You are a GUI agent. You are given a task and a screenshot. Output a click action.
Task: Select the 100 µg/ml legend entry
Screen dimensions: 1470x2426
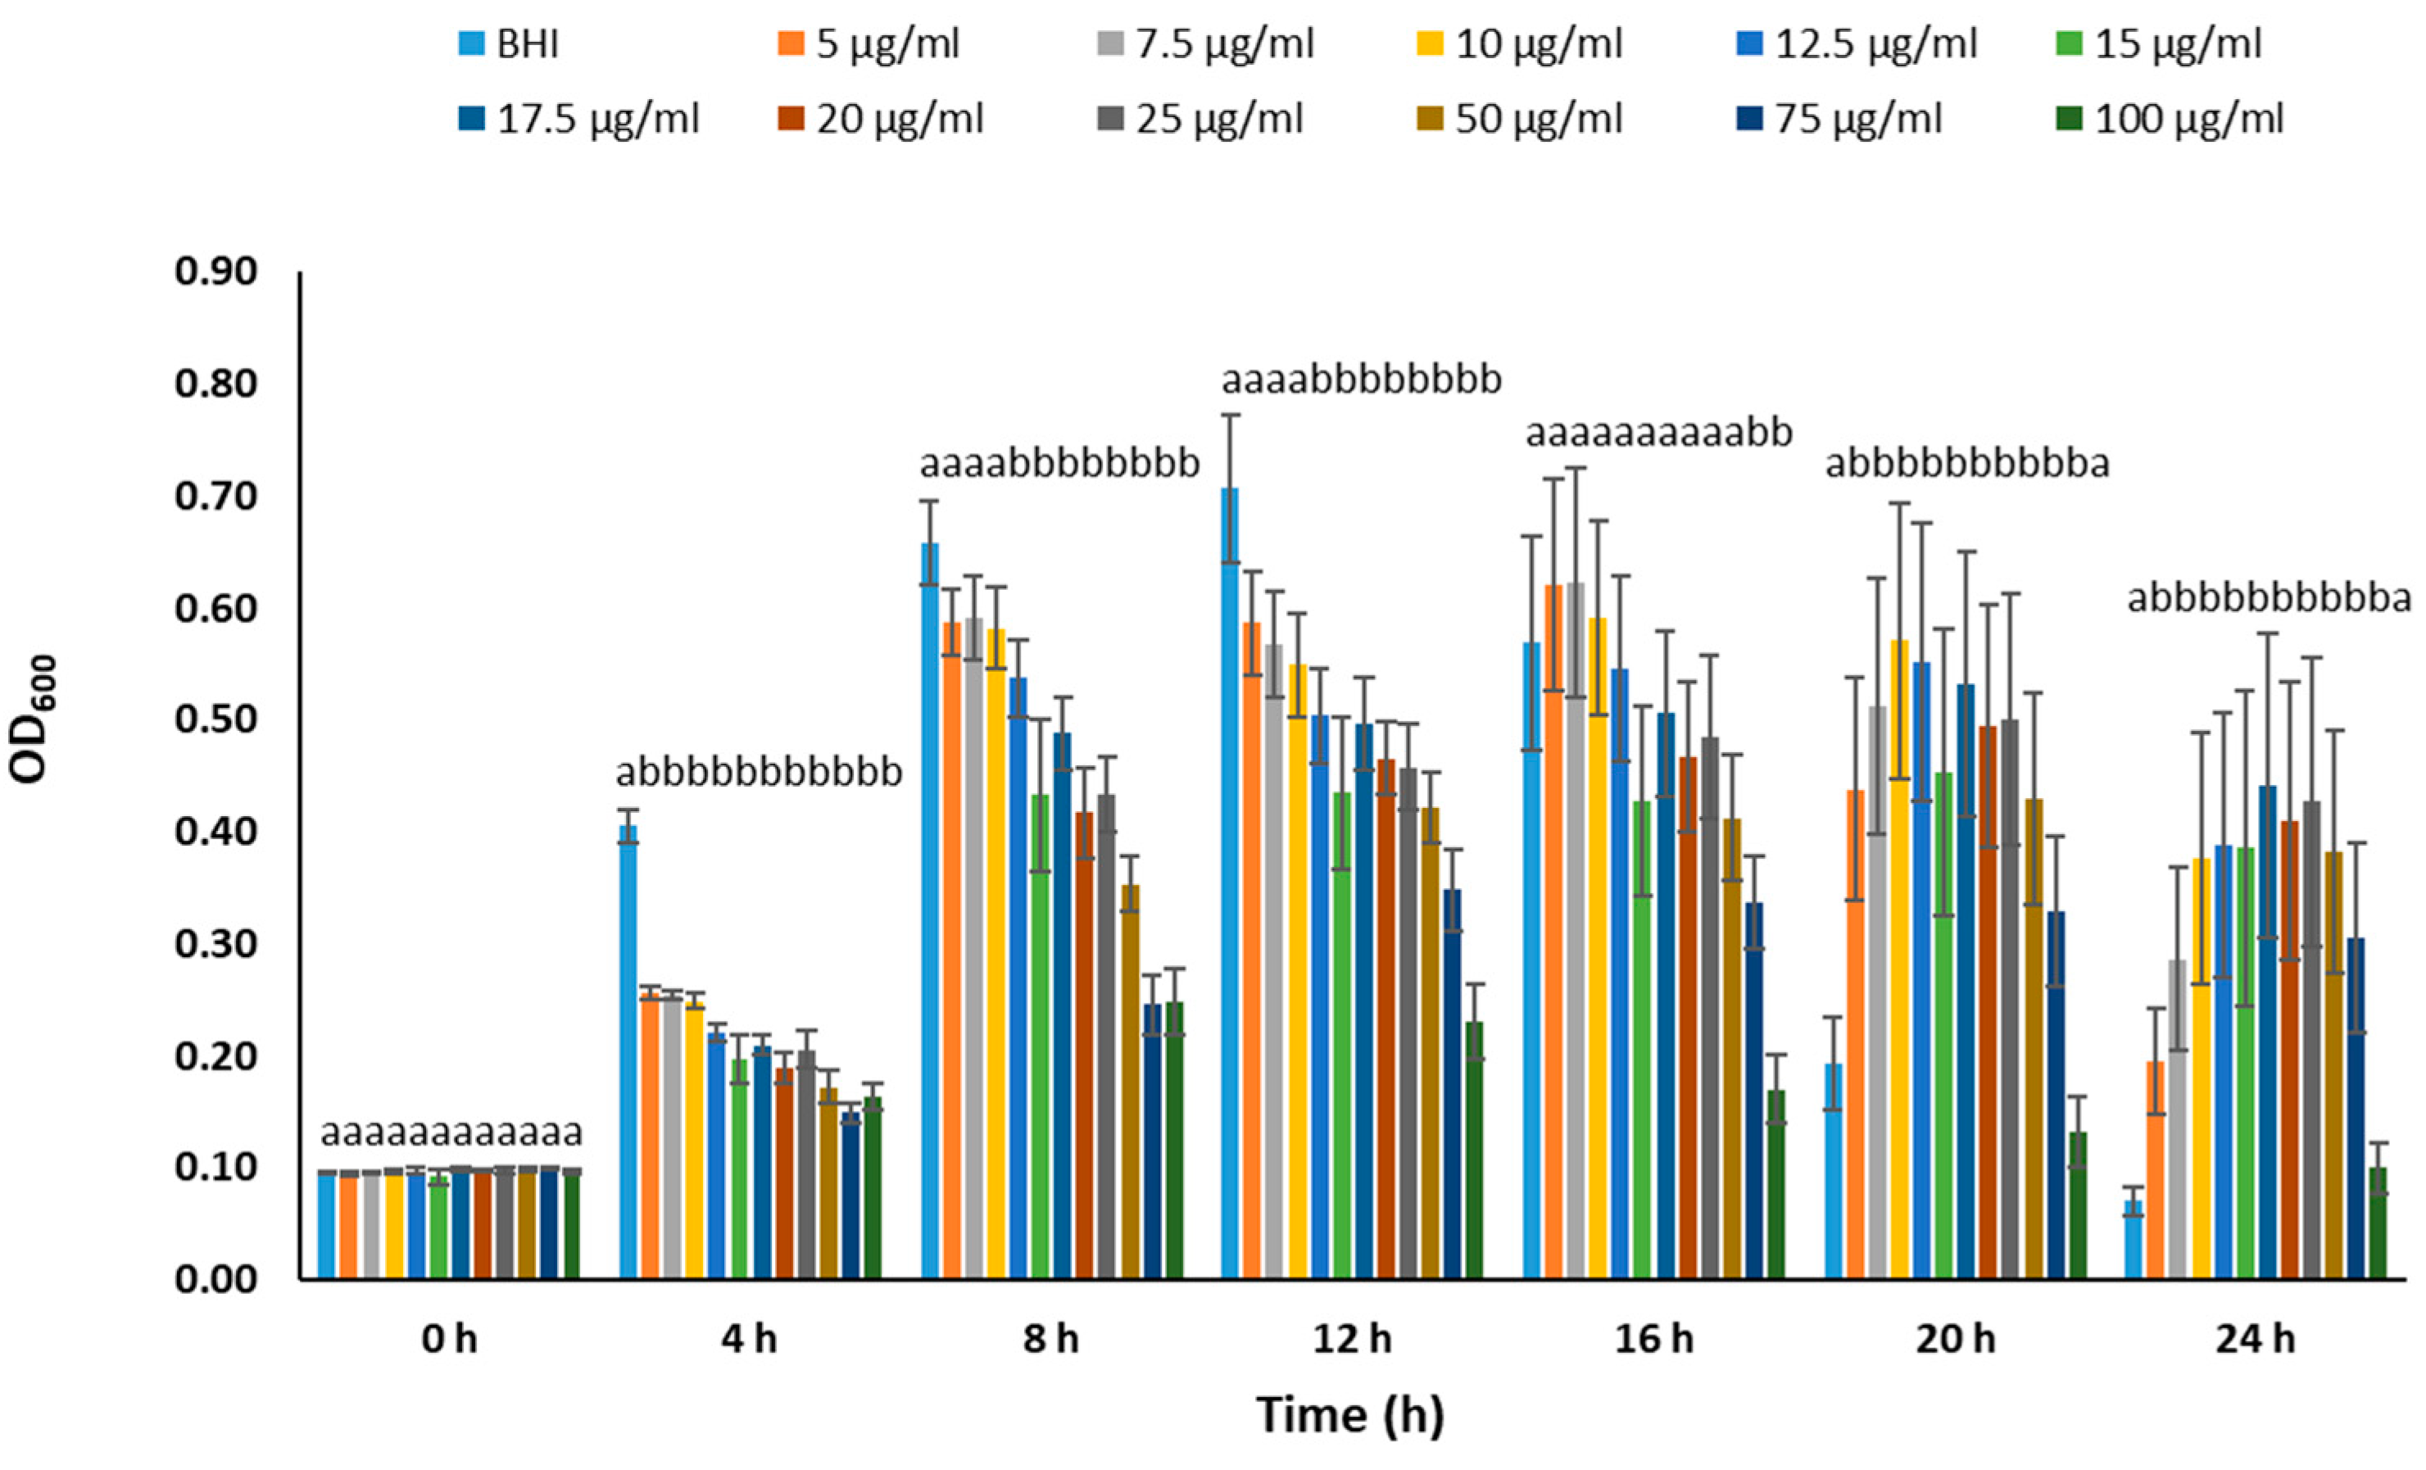(2188, 119)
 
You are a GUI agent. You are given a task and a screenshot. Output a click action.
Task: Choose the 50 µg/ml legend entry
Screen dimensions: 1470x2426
(1538, 119)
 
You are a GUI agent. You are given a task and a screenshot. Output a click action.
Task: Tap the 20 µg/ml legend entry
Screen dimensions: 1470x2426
(899, 119)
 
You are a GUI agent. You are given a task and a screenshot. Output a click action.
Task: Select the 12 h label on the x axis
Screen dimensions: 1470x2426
(1352, 1340)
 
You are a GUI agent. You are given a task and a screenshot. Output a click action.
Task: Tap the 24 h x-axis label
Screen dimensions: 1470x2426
(2255, 1340)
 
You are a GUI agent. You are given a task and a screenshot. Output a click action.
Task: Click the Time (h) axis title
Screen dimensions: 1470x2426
(1350, 1415)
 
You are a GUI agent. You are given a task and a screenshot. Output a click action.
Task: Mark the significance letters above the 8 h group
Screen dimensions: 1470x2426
(1059, 464)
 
